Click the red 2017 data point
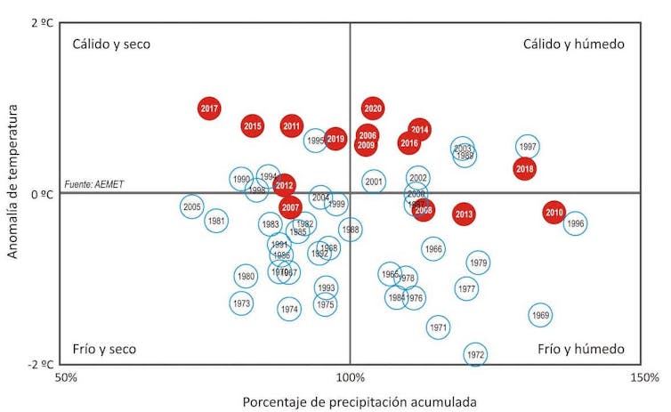pyautogui.click(x=209, y=109)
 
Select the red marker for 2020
pyautogui.click(x=373, y=109)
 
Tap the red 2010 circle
pyautogui.click(x=554, y=213)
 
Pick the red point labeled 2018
pyautogui.click(x=525, y=168)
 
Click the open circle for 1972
pyautogui.click(x=475, y=354)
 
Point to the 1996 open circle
pyautogui.click(x=575, y=224)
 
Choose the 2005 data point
pyautogui.click(x=191, y=207)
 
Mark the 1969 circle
pyautogui.click(x=540, y=315)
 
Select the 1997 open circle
pyautogui.click(x=527, y=147)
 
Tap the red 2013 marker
pyautogui.click(x=464, y=214)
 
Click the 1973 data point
pyautogui.click(x=241, y=303)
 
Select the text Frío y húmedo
pyautogui.click(x=581, y=349)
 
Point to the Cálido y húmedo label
pyautogui.click(x=573, y=44)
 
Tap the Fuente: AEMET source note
pyautogui.click(x=93, y=185)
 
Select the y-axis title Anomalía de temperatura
pyautogui.click(x=12, y=182)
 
